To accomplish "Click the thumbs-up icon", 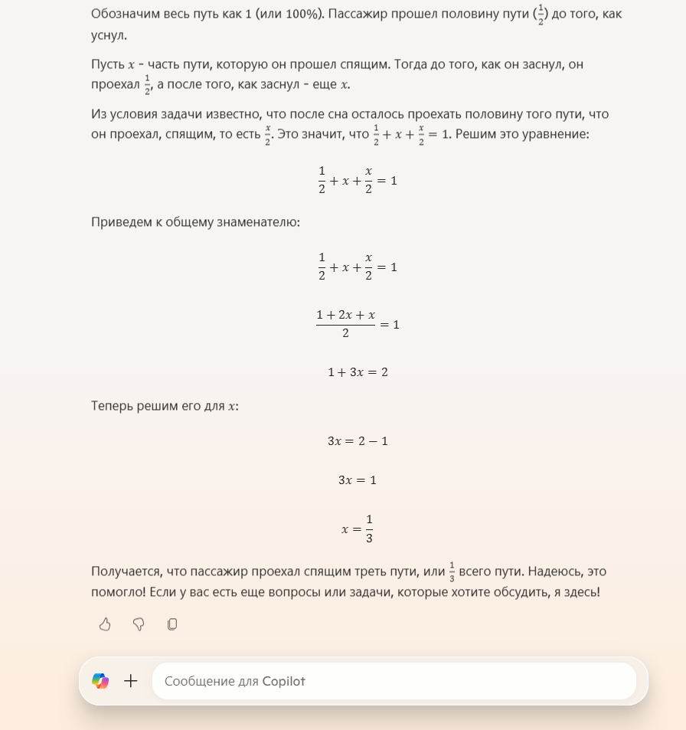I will pos(105,624).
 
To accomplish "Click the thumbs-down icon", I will pos(139,624).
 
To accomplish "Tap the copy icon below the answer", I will pos(172,624).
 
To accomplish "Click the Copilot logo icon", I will pos(100,680).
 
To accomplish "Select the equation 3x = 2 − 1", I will pos(358,441).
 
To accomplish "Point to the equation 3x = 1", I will pos(358,480).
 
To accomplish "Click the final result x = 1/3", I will pos(358,529).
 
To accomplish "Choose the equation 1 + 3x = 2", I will pos(358,372).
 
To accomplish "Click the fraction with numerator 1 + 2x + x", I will pos(345,324).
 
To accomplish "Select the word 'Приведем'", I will pos(117,222).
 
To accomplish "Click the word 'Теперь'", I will pos(112,406).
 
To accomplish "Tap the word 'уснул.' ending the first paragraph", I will pos(109,36).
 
